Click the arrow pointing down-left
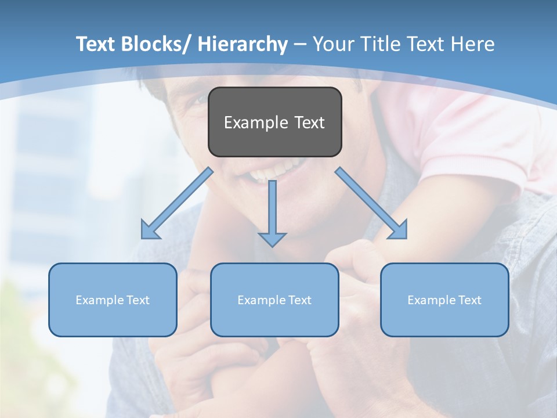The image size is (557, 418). (x=177, y=203)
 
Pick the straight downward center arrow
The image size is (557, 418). (x=272, y=209)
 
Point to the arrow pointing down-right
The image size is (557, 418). (x=371, y=203)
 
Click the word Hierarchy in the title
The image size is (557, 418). (x=243, y=44)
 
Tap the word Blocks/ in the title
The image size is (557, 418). (x=153, y=44)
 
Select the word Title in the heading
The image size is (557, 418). (x=380, y=44)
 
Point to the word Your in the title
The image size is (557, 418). (x=335, y=44)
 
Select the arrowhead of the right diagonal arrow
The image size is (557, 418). (x=400, y=231)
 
